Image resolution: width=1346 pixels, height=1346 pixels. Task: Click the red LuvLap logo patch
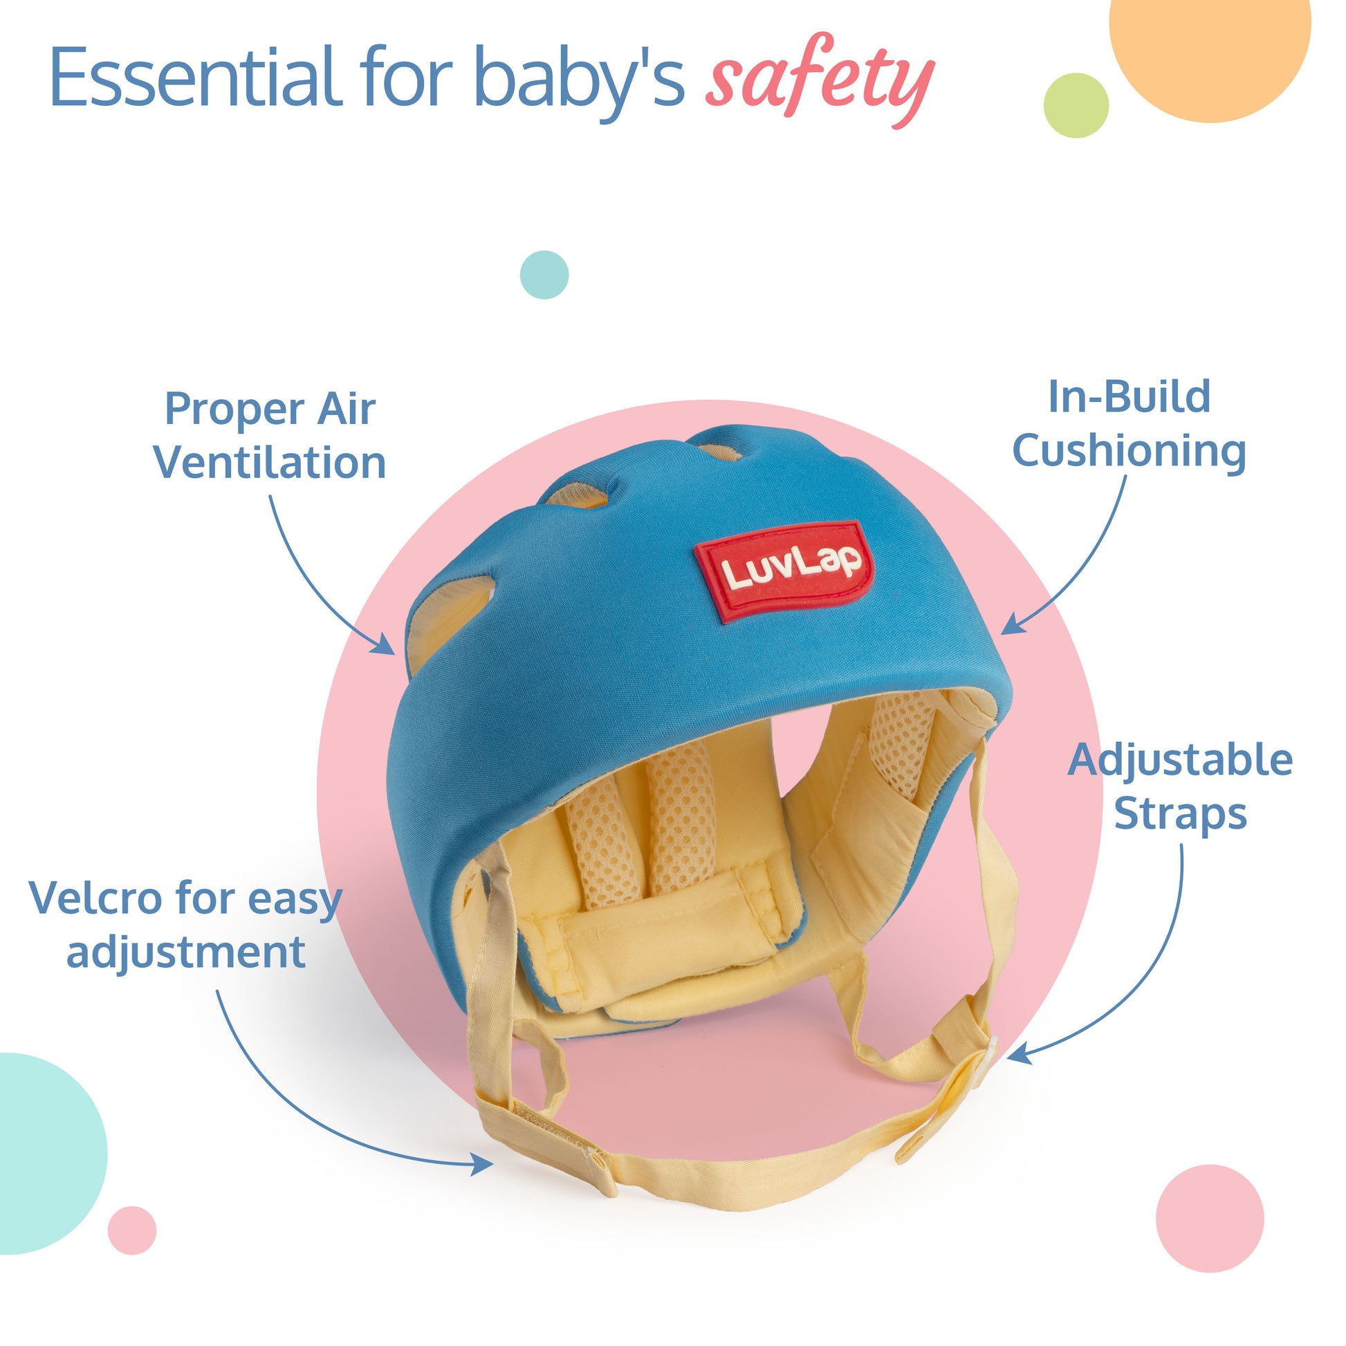pyautogui.click(x=784, y=571)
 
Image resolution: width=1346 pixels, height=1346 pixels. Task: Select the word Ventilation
pyautogui.click(x=270, y=463)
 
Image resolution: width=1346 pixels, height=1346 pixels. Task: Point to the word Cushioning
pyautogui.click(x=1130, y=452)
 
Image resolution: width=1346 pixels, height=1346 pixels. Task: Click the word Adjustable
pyautogui.click(x=1181, y=759)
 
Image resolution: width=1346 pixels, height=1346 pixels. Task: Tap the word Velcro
pyautogui.click(x=96, y=898)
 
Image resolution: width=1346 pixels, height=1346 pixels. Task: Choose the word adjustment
pyautogui.click(x=186, y=952)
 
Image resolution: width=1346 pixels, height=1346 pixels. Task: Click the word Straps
pyautogui.click(x=1181, y=814)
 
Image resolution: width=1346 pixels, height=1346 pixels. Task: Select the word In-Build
pyautogui.click(x=1130, y=397)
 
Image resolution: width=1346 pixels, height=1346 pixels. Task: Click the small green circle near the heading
pyautogui.click(x=1076, y=105)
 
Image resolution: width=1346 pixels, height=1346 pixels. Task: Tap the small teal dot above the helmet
pyautogui.click(x=544, y=275)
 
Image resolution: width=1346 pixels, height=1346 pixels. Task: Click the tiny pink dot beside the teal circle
pyautogui.click(x=131, y=1230)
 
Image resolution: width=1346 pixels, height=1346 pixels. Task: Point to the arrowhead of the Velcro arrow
pyautogui.click(x=482, y=1163)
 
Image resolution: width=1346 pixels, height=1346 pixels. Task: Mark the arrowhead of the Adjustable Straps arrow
pyautogui.click(x=1019, y=1055)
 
